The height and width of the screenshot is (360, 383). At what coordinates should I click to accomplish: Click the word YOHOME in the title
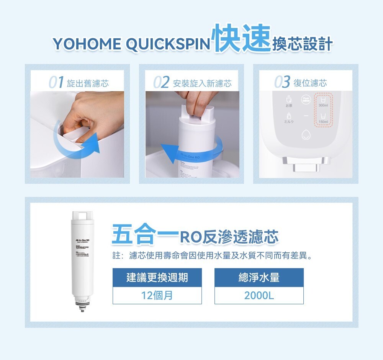pyautogui.click(x=87, y=44)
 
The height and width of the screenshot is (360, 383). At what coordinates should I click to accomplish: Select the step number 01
pyautogui.click(x=56, y=82)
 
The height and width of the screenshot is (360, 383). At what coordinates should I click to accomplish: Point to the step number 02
pyautogui.click(x=161, y=82)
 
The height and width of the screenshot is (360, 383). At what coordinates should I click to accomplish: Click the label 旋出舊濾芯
pyautogui.click(x=88, y=83)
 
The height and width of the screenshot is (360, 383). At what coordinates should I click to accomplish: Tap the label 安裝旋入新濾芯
pyautogui.click(x=202, y=83)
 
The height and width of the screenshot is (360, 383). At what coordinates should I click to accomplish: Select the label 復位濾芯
pyautogui.click(x=310, y=83)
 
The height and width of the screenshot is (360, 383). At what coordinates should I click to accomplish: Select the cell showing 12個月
pyautogui.click(x=157, y=296)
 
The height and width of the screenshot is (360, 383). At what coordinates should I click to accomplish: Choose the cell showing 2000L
pyautogui.click(x=259, y=296)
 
